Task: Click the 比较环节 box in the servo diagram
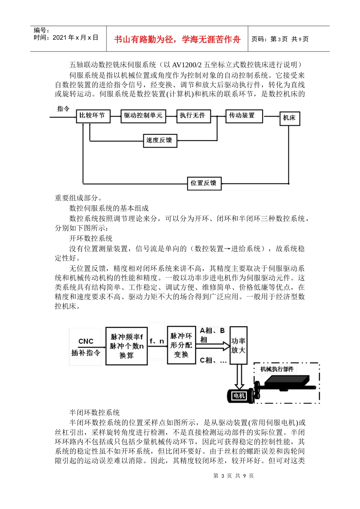pyautogui.click(x=93, y=116)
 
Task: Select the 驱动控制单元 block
pyautogui.click(x=143, y=116)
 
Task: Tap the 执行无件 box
pyautogui.click(x=193, y=116)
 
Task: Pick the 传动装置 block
pyautogui.click(x=241, y=116)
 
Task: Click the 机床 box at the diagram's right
pyautogui.click(x=290, y=118)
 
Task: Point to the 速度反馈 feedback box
pyautogui.click(x=159, y=140)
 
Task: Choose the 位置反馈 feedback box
pyautogui.click(x=204, y=183)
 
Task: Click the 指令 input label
pyautogui.click(x=63, y=109)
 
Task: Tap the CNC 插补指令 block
pyautogui.click(x=86, y=347)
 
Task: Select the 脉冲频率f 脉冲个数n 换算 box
pyautogui.click(x=127, y=346)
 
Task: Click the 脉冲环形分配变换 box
pyautogui.click(x=181, y=345)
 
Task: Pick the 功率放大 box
pyautogui.click(x=238, y=345)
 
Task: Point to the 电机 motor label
pyautogui.click(x=239, y=396)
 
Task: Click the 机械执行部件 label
pyautogui.click(x=277, y=369)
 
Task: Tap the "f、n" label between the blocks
pyautogui.click(x=157, y=341)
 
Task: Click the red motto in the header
pyautogui.click(x=177, y=39)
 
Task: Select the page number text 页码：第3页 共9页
pyautogui.click(x=280, y=39)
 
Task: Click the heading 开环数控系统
pyautogui.click(x=91, y=238)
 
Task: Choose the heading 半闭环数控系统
pyautogui.click(x=95, y=412)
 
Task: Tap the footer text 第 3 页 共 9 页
pyautogui.click(x=233, y=476)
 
